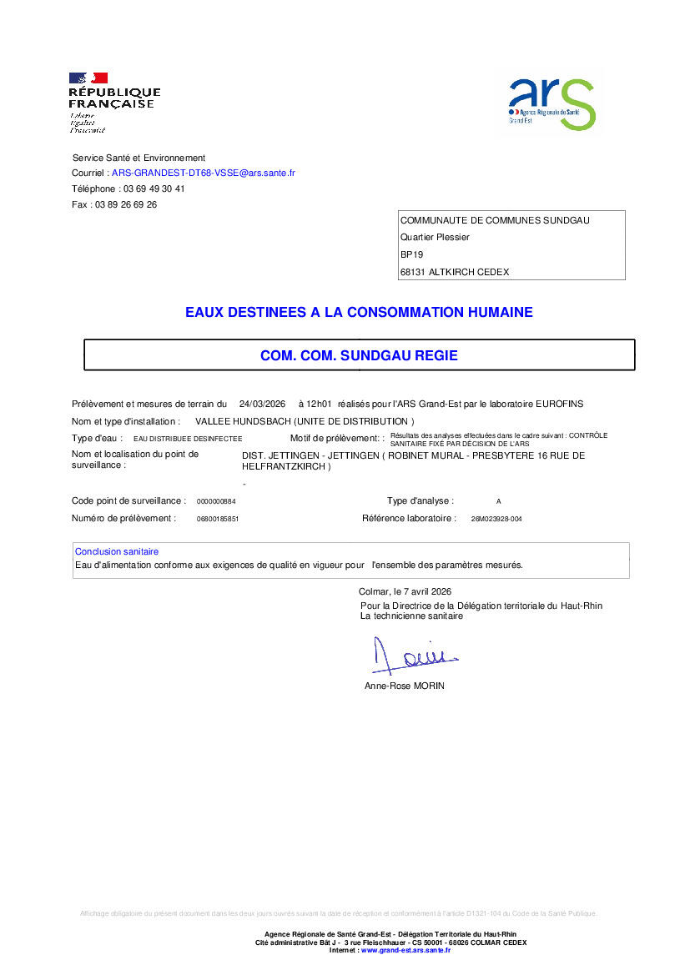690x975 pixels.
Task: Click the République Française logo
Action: [113, 103]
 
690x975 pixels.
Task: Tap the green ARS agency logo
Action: [552, 103]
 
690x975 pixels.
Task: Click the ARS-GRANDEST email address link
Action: [203, 173]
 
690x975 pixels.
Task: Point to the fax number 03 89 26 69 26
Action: [126, 204]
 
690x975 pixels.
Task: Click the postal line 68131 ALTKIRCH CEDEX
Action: [455, 272]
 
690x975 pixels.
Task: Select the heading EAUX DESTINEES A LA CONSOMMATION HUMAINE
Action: [359, 313]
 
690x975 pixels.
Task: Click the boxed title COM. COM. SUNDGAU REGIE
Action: [359, 355]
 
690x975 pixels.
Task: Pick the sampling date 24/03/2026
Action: [262, 404]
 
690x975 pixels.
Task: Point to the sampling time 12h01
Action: [320, 404]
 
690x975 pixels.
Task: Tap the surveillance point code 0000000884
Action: [216, 501]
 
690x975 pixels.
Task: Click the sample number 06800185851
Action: [218, 519]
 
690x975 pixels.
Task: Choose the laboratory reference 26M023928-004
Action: [496, 519]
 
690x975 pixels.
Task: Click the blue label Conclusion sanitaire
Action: [117, 551]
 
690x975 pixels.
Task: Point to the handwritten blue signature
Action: [409, 655]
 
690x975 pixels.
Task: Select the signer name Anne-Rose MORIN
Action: [405, 686]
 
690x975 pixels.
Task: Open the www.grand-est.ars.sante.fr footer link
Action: [405, 950]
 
